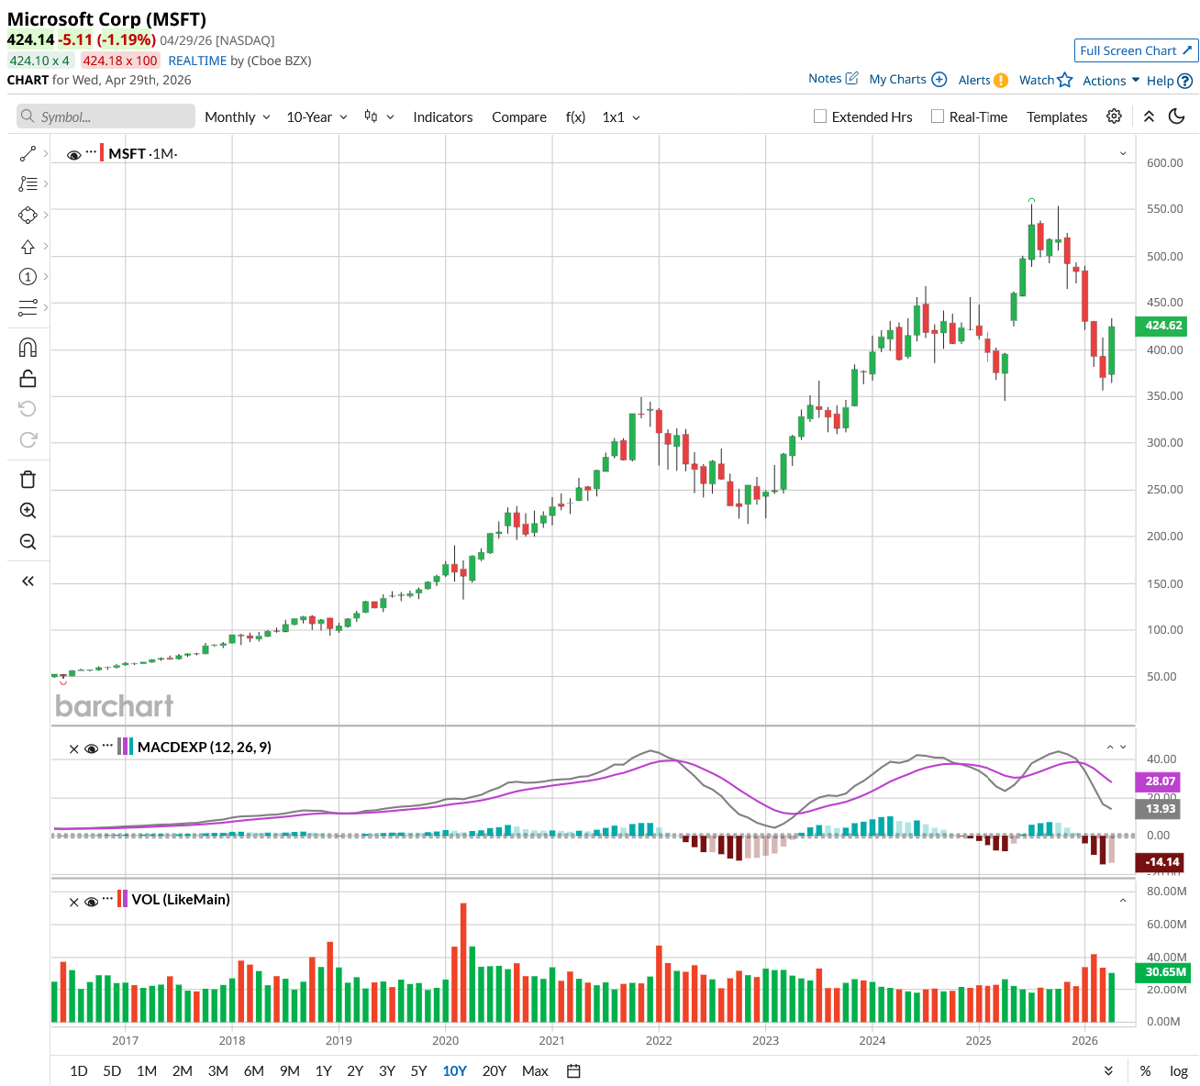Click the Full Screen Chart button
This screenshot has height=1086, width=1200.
click(x=1136, y=50)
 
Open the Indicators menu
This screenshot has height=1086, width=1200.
click(x=442, y=116)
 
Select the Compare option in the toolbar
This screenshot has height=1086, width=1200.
click(x=518, y=116)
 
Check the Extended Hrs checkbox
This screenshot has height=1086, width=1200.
click(x=820, y=116)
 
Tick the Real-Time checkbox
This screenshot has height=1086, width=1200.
click(x=937, y=116)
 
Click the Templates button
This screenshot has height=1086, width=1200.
click(x=1057, y=116)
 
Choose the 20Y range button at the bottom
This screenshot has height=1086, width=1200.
click(x=494, y=1070)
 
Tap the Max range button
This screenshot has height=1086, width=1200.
click(x=535, y=1070)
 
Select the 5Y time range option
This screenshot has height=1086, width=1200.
click(x=418, y=1070)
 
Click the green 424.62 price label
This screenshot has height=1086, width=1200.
click(x=1163, y=326)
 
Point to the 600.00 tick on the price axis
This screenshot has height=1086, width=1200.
click(x=1164, y=163)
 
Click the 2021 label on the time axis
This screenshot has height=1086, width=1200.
click(x=551, y=1040)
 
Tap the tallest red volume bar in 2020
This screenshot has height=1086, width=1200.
click(x=463, y=961)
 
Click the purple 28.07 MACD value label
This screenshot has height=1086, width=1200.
click(x=1160, y=781)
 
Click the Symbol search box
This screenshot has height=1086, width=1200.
click(x=106, y=116)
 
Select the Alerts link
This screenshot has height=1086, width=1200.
click(x=983, y=80)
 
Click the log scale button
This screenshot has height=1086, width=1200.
click(x=1178, y=1070)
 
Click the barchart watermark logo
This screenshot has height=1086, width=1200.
click(x=114, y=705)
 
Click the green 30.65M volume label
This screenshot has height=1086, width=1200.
click(x=1165, y=971)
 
